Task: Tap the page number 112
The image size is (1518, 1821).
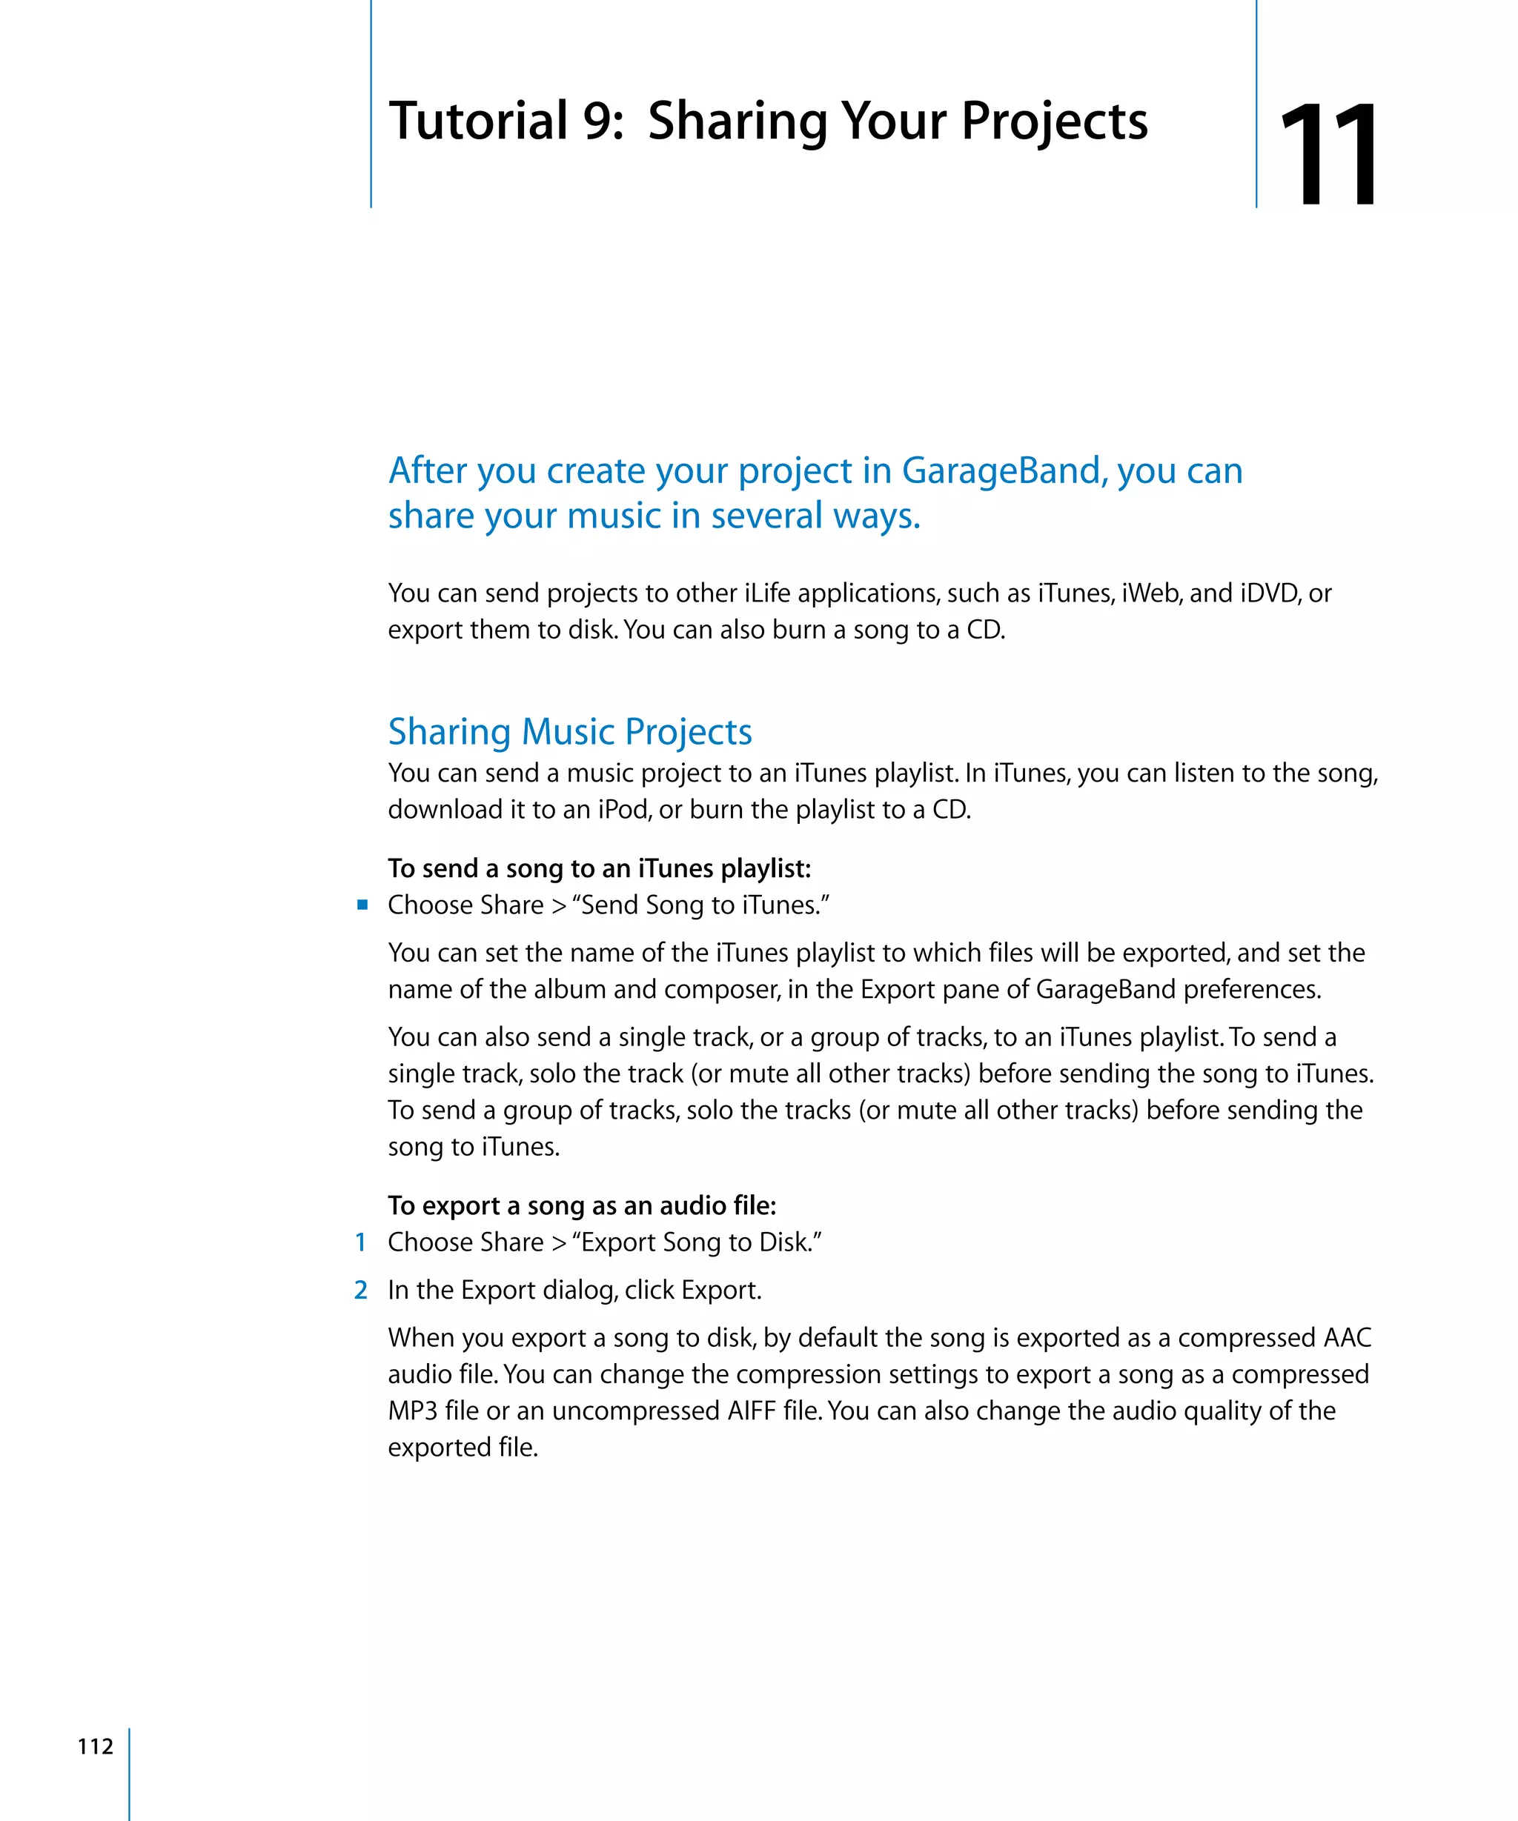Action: pyautogui.click(x=96, y=1745)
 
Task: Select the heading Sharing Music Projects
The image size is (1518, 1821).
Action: pyautogui.click(x=570, y=731)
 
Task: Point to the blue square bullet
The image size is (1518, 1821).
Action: pyautogui.click(x=362, y=905)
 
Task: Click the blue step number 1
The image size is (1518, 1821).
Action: pyautogui.click(x=361, y=1242)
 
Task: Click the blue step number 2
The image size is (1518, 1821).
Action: pyautogui.click(x=361, y=1289)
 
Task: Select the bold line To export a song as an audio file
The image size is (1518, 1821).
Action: pyautogui.click(x=581, y=1205)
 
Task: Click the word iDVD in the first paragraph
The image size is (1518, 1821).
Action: pyautogui.click(x=1269, y=593)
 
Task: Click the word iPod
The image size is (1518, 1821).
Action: pyautogui.click(x=623, y=810)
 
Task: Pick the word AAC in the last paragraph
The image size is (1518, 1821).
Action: pyautogui.click(x=1346, y=1337)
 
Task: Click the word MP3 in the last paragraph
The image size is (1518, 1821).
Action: pyautogui.click(x=412, y=1411)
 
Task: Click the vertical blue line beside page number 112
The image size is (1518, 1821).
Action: pyautogui.click(x=129, y=1774)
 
